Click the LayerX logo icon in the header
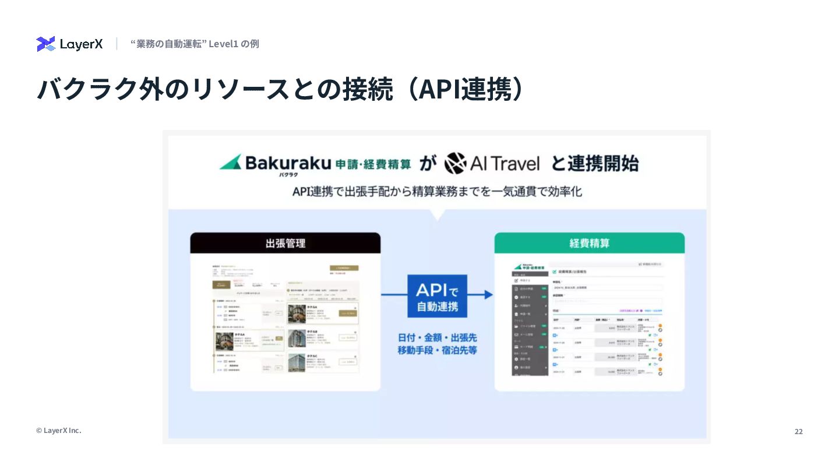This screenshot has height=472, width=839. coord(45,44)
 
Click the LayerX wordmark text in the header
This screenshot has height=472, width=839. coord(82,44)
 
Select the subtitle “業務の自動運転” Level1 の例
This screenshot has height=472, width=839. coord(195,44)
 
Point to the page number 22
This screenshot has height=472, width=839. coord(798,431)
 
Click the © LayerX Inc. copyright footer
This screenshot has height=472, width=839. coord(58,430)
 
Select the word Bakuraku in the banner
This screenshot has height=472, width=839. coord(288,163)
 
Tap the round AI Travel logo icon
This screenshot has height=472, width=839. coord(456,163)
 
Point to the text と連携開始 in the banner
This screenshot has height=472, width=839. coord(594,163)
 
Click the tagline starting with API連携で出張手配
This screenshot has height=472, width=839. coord(437,192)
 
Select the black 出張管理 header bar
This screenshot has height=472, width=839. coord(285,243)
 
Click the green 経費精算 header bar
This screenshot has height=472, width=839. coord(589,243)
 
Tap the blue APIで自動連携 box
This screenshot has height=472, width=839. coord(437,296)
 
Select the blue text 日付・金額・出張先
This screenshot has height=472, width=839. coord(437,337)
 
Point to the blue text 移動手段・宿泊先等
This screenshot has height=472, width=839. coord(437,351)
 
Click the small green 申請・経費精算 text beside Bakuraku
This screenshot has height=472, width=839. coord(373,164)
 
